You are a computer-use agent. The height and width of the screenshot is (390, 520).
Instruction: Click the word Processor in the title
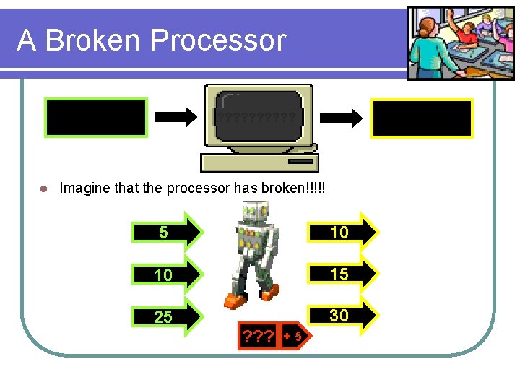coord(230,40)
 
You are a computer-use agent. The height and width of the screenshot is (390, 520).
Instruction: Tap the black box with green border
coord(96,118)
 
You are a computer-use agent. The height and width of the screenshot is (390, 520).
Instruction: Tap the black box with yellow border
coord(422,118)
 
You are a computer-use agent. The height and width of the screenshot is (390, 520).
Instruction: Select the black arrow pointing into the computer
coord(175,117)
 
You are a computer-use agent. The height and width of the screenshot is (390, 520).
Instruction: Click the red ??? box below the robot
coord(257,336)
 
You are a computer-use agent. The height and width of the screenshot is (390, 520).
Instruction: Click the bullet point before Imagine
coord(43,188)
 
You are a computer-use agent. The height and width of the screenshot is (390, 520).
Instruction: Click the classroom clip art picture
coord(451,43)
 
